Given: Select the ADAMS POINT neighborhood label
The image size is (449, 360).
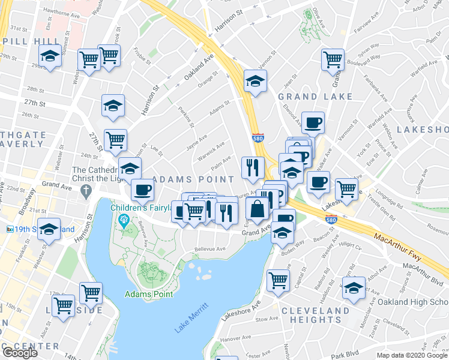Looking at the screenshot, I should coord(193,179).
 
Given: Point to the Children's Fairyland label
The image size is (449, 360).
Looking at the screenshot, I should coord(144,208).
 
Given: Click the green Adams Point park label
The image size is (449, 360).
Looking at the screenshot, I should coord(149,294).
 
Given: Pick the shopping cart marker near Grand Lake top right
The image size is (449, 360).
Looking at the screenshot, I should coord(332,61).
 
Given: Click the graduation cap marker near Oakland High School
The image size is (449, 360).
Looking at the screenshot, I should coord(354,287).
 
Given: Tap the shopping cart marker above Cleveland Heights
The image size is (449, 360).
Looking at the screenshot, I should coord(279,280).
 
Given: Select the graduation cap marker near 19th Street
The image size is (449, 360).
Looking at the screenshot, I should coord(49,229).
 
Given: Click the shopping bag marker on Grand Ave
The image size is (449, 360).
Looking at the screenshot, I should coord(257,210).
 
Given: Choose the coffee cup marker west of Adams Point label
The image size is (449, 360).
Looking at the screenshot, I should coord(142,190).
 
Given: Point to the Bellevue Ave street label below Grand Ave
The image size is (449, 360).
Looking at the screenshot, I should coord(210,249).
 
